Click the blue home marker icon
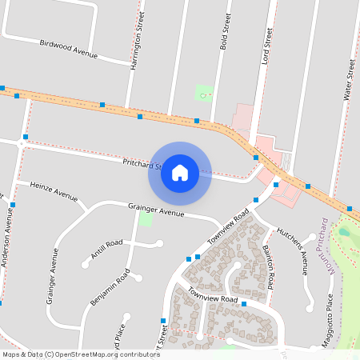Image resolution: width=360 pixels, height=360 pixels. (x=180, y=173)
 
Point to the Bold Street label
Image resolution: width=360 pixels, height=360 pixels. (x=225, y=32)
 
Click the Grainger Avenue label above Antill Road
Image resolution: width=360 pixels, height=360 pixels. (x=156, y=210)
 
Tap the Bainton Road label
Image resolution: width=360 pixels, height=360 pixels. (x=270, y=267)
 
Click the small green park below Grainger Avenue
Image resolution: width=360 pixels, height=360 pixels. (x=146, y=219)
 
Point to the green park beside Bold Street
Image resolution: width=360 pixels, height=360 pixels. (x=205, y=93)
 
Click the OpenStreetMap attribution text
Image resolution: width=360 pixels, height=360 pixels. (x=81, y=354)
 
